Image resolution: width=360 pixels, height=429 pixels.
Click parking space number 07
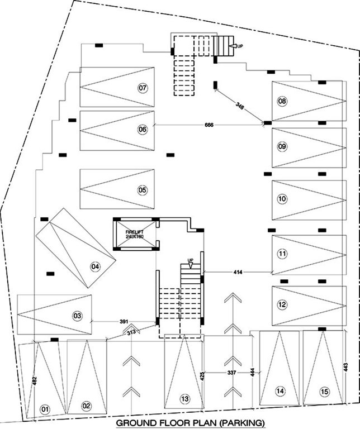point(143,88)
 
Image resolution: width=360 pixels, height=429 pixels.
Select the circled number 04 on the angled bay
point(95,266)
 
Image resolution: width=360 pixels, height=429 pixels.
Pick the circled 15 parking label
point(325,392)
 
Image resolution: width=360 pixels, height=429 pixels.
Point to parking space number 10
point(282,198)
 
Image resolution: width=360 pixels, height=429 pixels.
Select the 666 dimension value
point(209,125)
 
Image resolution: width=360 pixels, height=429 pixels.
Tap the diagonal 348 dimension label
point(240,105)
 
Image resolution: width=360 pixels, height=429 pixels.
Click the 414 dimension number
point(238,272)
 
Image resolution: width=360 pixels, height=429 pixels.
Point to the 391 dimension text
point(125,321)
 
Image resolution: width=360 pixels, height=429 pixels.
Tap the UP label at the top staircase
point(240,46)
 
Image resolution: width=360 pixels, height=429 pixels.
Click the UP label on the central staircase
point(191,260)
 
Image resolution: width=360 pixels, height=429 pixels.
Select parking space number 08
point(282,101)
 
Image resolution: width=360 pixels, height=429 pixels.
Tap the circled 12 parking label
point(282,304)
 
